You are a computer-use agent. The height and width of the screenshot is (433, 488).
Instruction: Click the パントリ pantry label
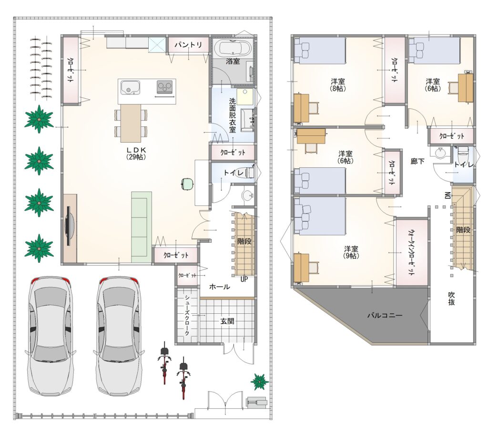click(x=188, y=45)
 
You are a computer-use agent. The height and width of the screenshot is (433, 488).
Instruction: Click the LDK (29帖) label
click(x=136, y=153)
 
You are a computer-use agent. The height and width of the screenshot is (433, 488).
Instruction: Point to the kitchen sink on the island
click(x=130, y=88)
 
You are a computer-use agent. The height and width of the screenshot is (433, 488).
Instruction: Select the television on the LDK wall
click(x=69, y=226)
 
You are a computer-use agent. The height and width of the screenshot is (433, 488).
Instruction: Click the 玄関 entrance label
click(x=227, y=321)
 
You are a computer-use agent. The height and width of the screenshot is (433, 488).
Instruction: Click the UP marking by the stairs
click(x=244, y=279)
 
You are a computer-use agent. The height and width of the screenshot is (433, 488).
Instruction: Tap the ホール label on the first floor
click(x=220, y=287)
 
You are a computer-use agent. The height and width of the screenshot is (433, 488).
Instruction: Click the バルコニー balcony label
click(x=385, y=315)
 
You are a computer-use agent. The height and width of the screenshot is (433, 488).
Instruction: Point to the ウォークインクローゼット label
click(x=411, y=252)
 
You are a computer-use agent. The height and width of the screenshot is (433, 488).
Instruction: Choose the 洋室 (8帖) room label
click(x=337, y=84)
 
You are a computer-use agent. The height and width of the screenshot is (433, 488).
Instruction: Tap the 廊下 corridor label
click(x=417, y=162)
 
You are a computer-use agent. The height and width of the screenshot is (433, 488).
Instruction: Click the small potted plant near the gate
click(x=260, y=381)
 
